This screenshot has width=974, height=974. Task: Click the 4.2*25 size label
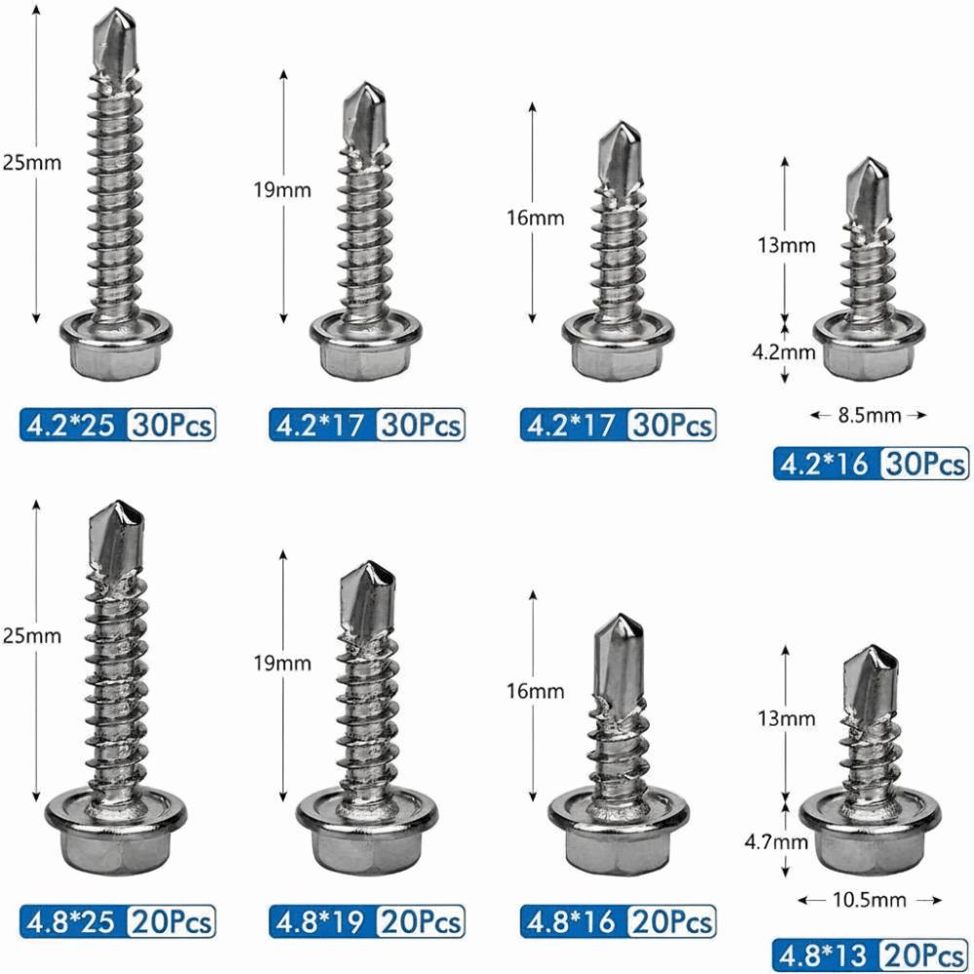click(x=70, y=425)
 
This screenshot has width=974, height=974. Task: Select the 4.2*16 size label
click(x=826, y=464)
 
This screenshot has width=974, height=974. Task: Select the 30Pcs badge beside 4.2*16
click(x=923, y=464)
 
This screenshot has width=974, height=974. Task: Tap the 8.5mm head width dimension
click(x=868, y=416)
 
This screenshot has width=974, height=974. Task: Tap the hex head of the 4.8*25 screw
click(x=117, y=847)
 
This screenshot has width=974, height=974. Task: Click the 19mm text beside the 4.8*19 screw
click(x=282, y=663)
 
